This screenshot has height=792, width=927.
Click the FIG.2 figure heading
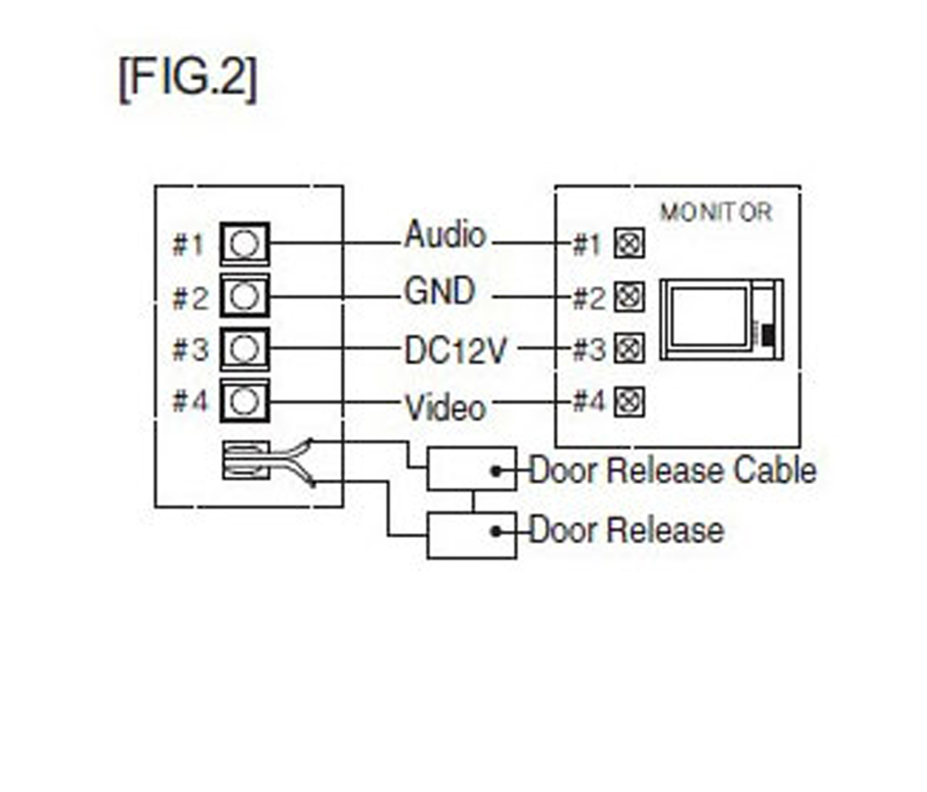(187, 79)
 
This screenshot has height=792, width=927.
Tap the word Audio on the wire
(444, 235)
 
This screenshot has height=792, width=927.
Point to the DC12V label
(454, 350)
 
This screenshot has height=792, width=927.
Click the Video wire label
(444, 407)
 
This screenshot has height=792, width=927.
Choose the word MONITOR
(716, 212)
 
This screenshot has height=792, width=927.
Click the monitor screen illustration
(709, 316)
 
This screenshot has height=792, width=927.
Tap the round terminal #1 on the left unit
(245, 244)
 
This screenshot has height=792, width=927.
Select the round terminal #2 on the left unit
(245, 295)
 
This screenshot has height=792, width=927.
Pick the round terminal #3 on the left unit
(245, 347)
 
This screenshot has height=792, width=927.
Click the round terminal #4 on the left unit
(245, 399)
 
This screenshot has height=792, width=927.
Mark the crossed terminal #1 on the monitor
(630, 244)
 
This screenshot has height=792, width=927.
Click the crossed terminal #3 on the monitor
(630, 347)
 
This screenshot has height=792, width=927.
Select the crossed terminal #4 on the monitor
(630, 400)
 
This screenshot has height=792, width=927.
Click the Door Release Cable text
(672, 470)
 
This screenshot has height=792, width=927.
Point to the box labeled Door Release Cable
(471, 469)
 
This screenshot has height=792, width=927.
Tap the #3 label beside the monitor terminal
(587, 349)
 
